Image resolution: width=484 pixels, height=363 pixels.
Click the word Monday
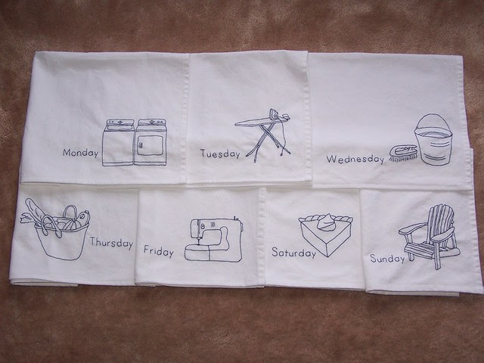pyautogui.click(x=81, y=153)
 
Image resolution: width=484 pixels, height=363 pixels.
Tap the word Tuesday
pyautogui.click(x=220, y=154)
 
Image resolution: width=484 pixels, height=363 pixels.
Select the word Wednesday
pyautogui.click(x=355, y=160)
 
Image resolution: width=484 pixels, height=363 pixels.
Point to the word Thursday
pyautogui.click(x=111, y=243)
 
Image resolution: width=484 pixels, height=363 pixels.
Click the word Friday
pyautogui.click(x=159, y=251)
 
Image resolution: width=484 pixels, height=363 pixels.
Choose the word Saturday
pyautogui.click(x=294, y=253)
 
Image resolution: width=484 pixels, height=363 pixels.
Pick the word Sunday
pyautogui.click(x=387, y=258)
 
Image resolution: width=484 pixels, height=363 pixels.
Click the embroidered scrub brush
pyautogui.click(x=403, y=154)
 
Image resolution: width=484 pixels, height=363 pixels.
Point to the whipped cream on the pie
pyautogui.click(x=327, y=222)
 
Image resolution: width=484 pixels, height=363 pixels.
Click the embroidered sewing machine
pyautogui.click(x=213, y=240)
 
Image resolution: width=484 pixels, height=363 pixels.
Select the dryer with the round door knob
pyautogui.click(x=150, y=142)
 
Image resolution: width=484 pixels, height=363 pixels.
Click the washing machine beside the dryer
pyautogui.click(x=118, y=143)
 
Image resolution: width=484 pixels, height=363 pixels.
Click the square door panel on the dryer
pyautogui.click(x=150, y=145)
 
